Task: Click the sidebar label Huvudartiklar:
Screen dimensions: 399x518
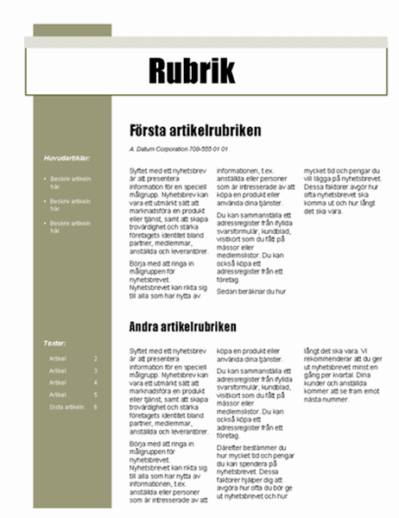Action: [x=66, y=158]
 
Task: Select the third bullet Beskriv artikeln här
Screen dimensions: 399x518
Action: [x=70, y=228]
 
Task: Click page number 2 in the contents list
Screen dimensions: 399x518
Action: [x=95, y=358]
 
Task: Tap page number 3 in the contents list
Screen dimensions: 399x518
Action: [x=95, y=370]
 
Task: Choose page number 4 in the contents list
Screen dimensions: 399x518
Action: [x=95, y=382]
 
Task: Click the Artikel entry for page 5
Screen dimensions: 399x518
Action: [x=58, y=395]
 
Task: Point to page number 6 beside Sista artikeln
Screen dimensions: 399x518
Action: [x=95, y=407]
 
